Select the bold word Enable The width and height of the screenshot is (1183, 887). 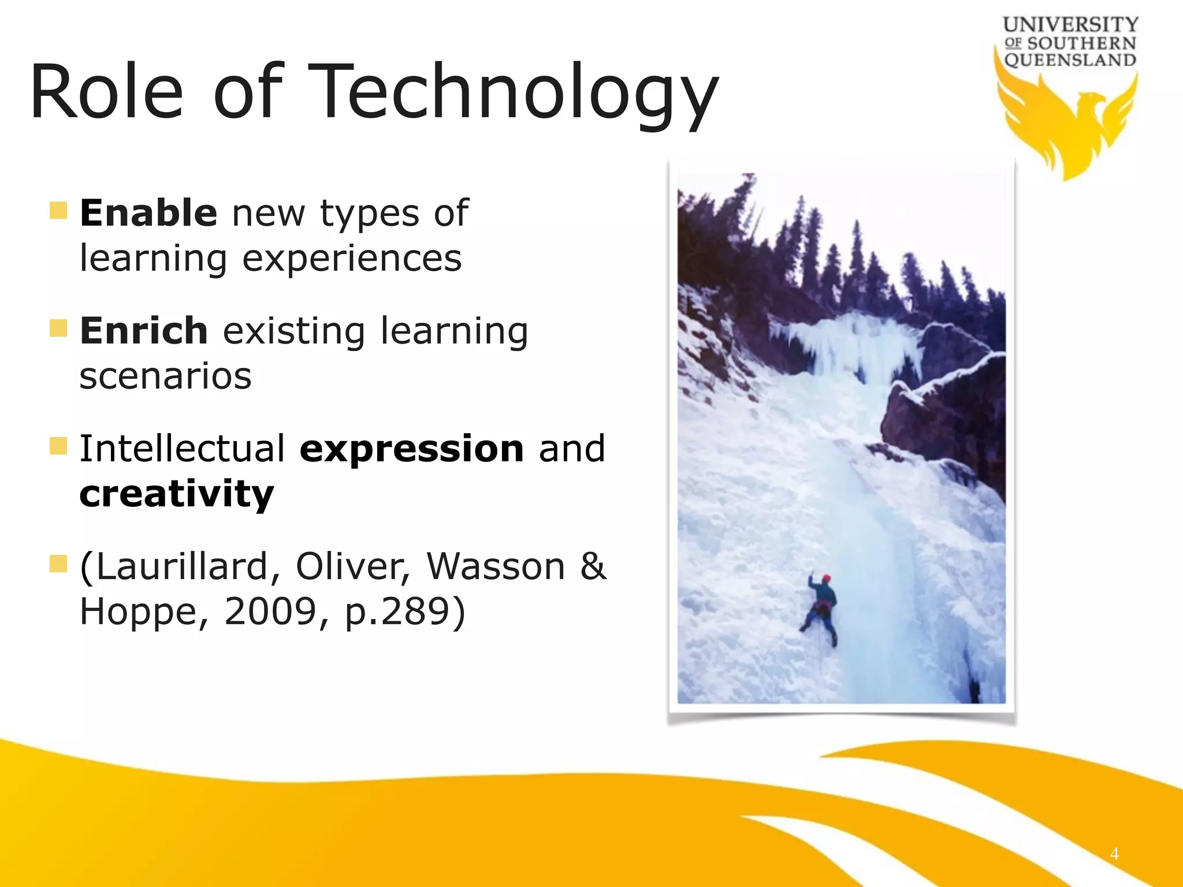pyautogui.click(x=148, y=213)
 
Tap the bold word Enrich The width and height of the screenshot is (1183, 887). pyautogui.click(x=144, y=331)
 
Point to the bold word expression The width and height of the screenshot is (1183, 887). pyautogui.click(x=411, y=449)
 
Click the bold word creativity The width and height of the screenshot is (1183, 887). pyautogui.click(x=176, y=494)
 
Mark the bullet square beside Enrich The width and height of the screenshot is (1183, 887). pyautogui.click(x=58, y=328)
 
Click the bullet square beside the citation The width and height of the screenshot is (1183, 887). pyautogui.click(x=58, y=564)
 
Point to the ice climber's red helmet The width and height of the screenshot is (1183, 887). pyautogui.click(x=827, y=578)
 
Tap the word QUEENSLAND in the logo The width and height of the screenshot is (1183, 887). pyautogui.click(x=1070, y=60)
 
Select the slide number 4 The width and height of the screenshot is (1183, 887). pyautogui.click(x=1114, y=854)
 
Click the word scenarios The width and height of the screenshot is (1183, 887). pyautogui.click(x=166, y=377)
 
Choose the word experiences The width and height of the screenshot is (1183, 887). pyautogui.click(x=352, y=258)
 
